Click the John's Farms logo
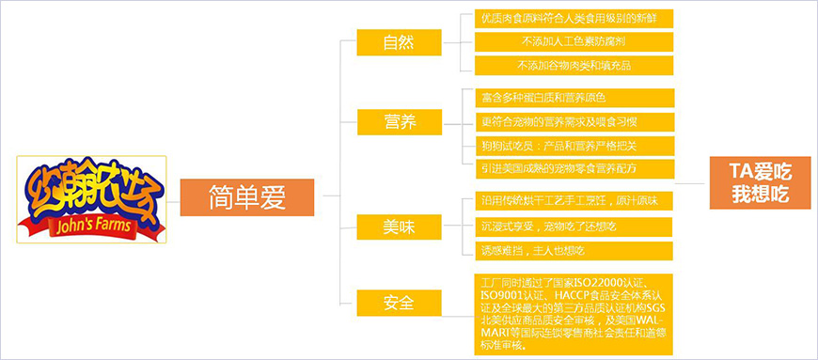coord(91,197)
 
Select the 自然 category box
coord(398,43)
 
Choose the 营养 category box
coord(398,121)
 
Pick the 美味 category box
coord(398,227)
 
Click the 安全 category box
coord(398,304)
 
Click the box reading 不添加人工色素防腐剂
coord(574,42)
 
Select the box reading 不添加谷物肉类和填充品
coord(574,66)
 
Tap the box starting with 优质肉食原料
coord(574,19)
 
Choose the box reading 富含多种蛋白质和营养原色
coord(574,98)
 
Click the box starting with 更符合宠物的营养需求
coord(574,121)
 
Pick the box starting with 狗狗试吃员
coord(574,145)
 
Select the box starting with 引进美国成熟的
coord(574,168)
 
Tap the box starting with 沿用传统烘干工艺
coord(574,202)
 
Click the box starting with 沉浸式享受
coord(574,227)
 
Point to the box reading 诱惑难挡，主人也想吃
coord(574,251)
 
